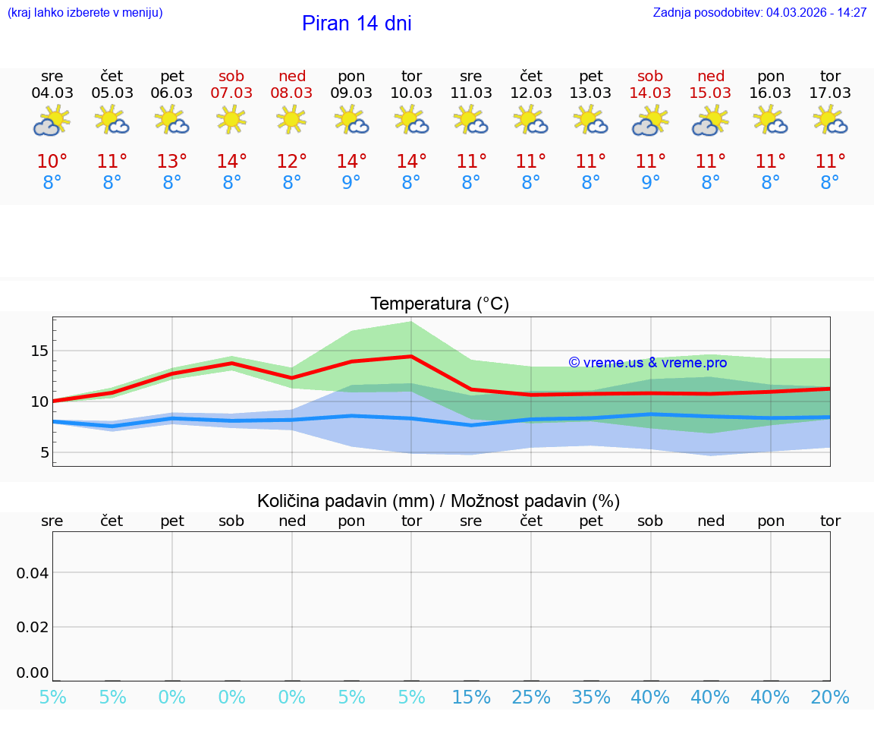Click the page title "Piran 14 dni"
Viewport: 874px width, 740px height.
tap(357, 24)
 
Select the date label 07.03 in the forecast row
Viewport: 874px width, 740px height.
tap(231, 93)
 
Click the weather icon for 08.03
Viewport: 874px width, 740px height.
tap(291, 120)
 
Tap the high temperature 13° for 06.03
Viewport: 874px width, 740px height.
tap(172, 162)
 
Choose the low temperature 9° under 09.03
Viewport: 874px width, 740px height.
tap(351, 183)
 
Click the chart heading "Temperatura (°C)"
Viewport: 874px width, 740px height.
tap(439, 304)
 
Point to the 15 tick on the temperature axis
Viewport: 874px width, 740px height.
tap(39, 351)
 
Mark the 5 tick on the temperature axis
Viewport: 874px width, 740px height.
tap(45, 452)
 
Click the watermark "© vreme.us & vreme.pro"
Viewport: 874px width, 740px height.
tap(647, 363)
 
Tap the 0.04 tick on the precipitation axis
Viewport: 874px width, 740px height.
tap(33, 573)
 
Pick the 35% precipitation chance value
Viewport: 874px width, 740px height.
tap(590, 697)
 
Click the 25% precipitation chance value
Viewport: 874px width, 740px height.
tap(531, 697)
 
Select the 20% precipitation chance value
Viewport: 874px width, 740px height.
tap(830, 697)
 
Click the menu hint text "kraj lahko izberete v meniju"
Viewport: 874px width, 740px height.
tap(84, 13)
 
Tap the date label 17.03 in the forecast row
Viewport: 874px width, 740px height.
tap(830, 93)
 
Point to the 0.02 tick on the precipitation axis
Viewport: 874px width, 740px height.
tap(33, 627)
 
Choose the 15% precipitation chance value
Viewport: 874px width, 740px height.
tap(471, 697)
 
